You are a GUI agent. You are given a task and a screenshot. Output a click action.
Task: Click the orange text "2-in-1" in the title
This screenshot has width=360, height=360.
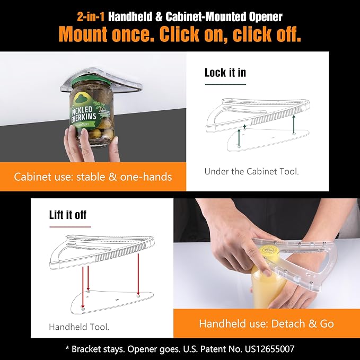point(91,17)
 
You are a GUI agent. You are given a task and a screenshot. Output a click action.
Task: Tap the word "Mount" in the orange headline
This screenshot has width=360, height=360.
point(83,34)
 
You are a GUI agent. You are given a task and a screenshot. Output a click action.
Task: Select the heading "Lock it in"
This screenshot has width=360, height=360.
point(225,73)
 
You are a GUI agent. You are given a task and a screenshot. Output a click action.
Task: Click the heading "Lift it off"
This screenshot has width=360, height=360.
point(68,215)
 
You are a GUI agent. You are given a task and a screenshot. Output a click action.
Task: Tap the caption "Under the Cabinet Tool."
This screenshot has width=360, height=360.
point(252,171)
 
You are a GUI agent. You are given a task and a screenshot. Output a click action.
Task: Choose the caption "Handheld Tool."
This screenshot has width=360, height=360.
point(79,327)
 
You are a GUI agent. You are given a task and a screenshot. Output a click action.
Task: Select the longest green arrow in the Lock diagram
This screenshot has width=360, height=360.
point(294,124)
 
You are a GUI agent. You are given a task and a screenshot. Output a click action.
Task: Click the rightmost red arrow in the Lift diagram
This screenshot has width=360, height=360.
point(138,274)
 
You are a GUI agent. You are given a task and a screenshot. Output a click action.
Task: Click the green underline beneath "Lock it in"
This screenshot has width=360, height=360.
point(225,84)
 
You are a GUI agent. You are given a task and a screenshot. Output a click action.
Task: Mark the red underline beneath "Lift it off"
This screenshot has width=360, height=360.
point(70,227)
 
